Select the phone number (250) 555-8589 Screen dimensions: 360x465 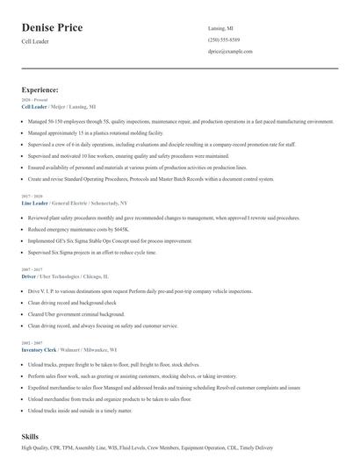point(224,40)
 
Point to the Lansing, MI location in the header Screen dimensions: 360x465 point(220,28)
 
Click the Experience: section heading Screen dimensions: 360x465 point(40,89)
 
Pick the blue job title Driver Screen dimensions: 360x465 point(28,275)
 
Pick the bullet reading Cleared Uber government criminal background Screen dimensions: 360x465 point(76,313)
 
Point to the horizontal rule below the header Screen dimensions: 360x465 point(180,68)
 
